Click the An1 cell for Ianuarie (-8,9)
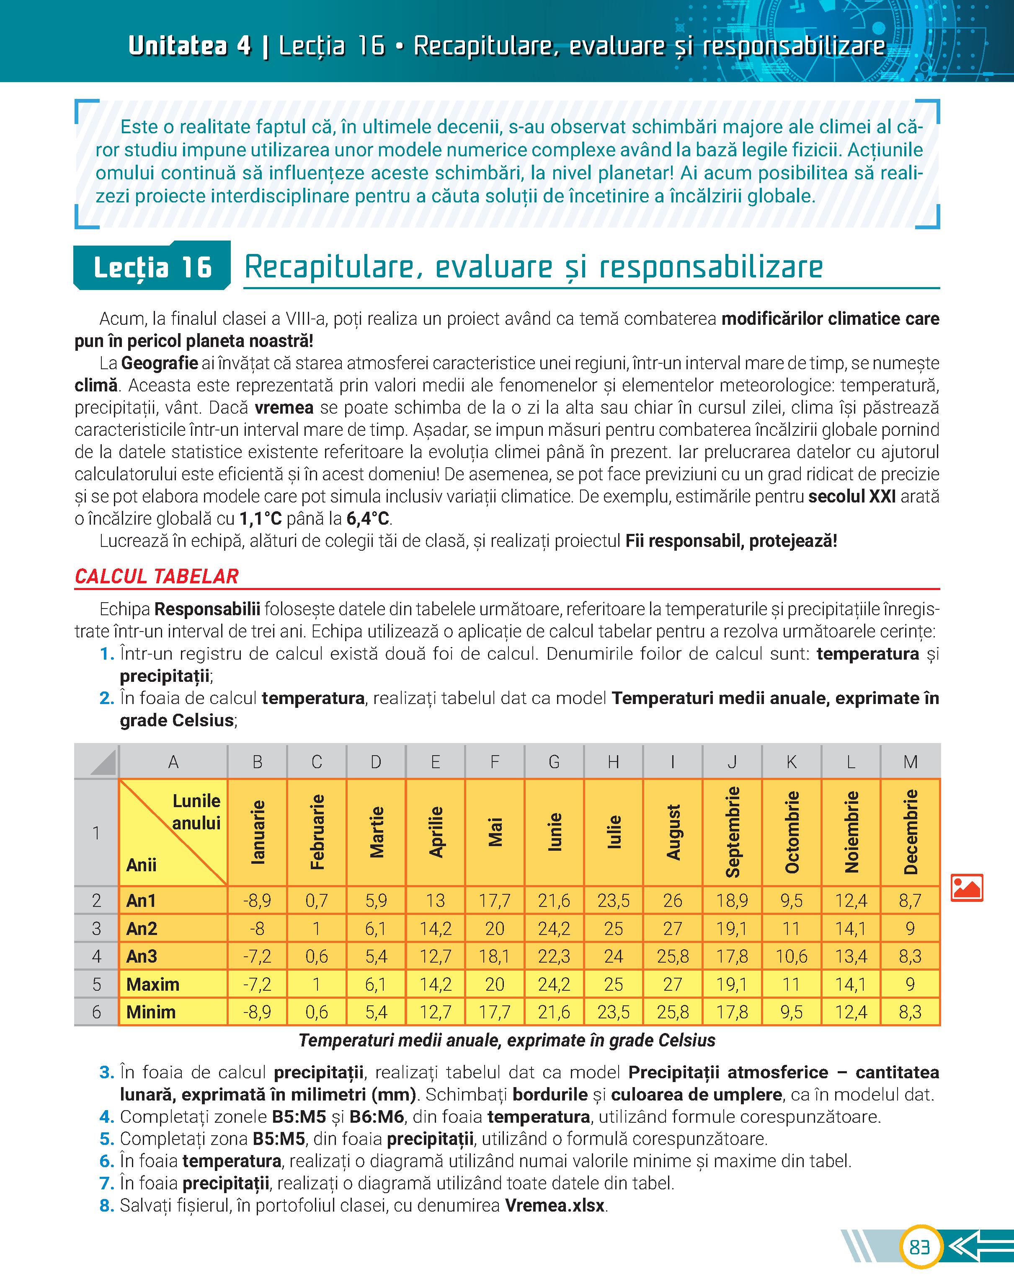(257, 901)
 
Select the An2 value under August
(673, 928)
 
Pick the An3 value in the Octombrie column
(791, 956)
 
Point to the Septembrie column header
(733, 831)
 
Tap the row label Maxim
(152, 984)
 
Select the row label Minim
(151, 1012)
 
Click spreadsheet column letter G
(554, 761)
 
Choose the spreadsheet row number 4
(96, 956)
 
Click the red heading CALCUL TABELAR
(157, 576)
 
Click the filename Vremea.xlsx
(555, 1206)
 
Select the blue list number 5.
(107, 1139)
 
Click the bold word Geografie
(160, 363)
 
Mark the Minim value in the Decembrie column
(910, 1012)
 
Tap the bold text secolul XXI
(852, 497)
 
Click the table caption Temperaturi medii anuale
(507, 1041)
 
